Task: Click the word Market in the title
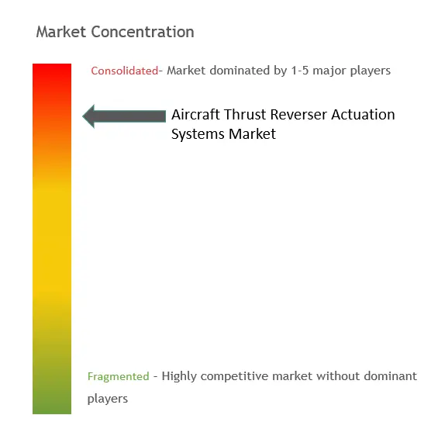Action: tap(61, 32)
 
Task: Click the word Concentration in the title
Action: tap(143, 32)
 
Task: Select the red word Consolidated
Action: tap(125, 71)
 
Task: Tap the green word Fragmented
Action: tap(118, 376)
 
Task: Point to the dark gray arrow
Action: tap(124, 116)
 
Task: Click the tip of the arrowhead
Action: tap(83, 116)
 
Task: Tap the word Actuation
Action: tap(363, 115)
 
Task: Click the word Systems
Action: tap(198, 134)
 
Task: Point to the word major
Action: tap(330, 71)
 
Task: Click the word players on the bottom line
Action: tap(108, 399)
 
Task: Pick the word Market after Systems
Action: tap(252, 134)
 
